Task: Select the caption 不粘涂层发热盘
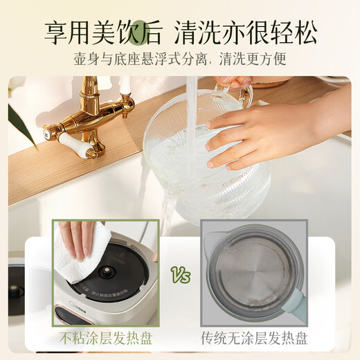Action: point(106,339)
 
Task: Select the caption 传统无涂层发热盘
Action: point(253,339)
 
